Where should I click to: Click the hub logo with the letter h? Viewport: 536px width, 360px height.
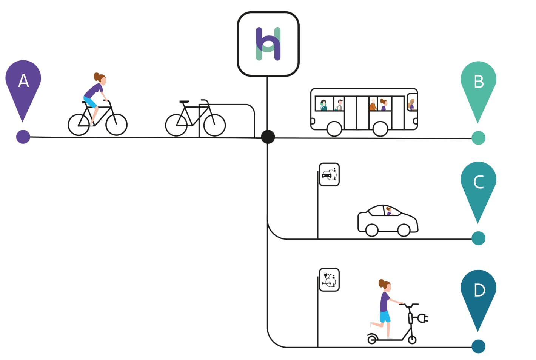click(x=268, y=44)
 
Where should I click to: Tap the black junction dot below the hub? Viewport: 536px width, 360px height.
click(x=268, y=137)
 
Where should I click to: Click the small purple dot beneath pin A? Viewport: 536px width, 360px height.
click(x=23, y=137)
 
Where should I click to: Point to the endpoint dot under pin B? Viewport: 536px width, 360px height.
click(x=479, y=138)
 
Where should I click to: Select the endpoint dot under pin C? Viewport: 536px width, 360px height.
click(x=479, y=238)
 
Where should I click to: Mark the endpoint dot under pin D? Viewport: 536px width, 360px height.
click(x=479, y=346)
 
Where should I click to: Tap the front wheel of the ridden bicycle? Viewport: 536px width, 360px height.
click(x=117, y=125)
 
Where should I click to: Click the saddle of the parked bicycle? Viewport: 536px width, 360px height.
click(x=184, y=102)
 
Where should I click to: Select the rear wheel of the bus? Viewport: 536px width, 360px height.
click(x=334, y=129)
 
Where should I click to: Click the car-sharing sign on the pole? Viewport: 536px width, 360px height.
click(x=329, y=174)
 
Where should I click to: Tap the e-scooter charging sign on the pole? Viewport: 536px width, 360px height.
click(x=329, y=280)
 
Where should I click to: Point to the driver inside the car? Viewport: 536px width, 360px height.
click(x=389, y=211)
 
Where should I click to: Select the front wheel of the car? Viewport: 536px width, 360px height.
click(x=404, y=230)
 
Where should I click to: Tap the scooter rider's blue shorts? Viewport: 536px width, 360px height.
click(x=385, y=317)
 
